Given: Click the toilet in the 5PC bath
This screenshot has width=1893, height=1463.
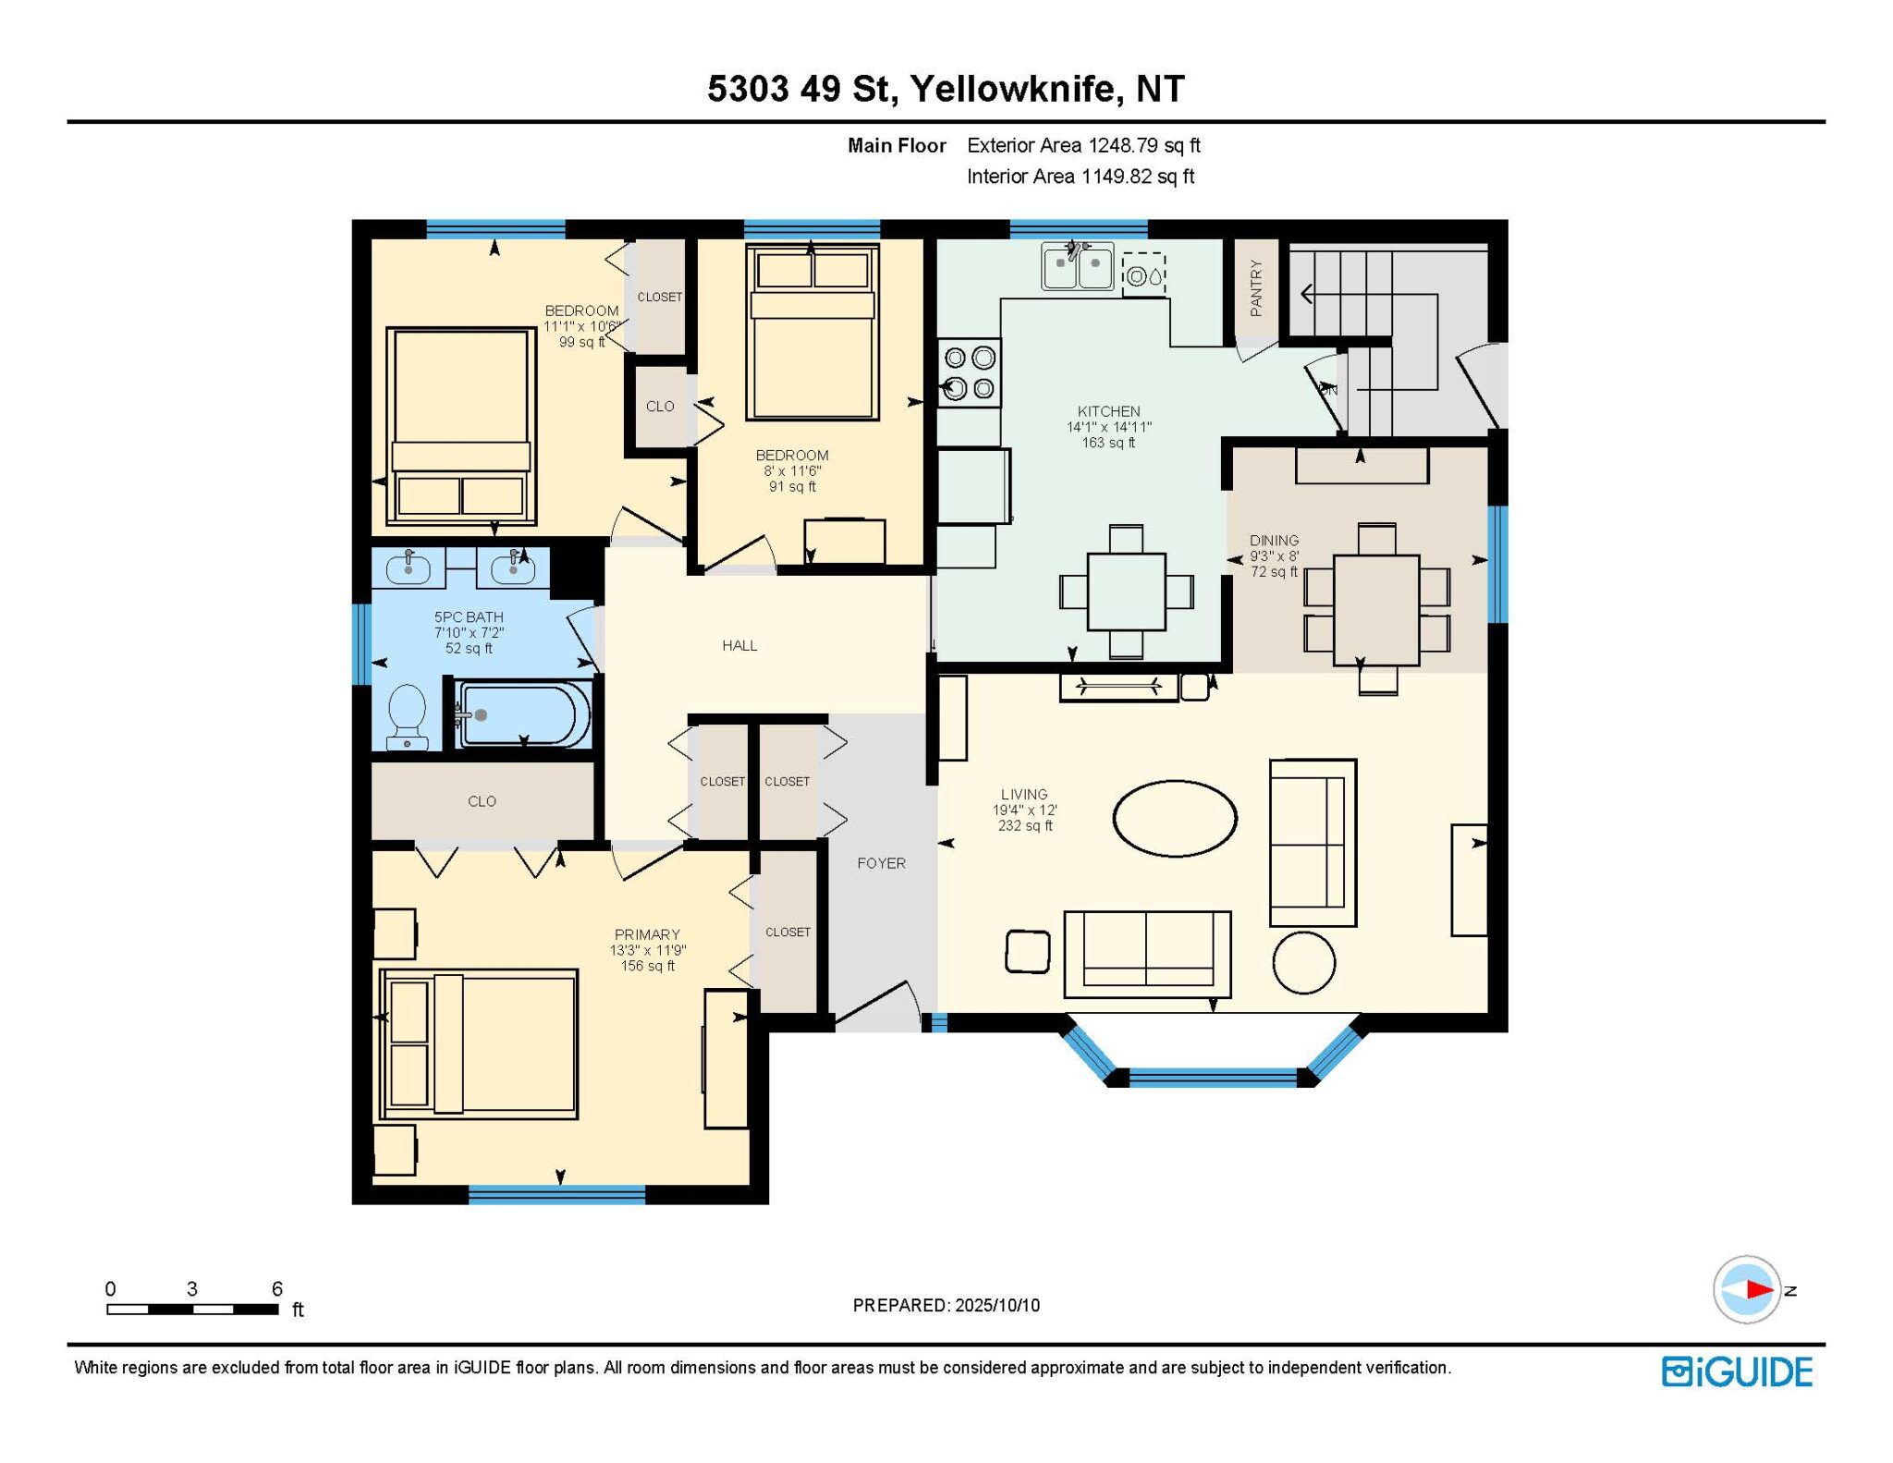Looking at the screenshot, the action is tap(408, 716).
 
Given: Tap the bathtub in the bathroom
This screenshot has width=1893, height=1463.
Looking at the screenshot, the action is tap(524, 714).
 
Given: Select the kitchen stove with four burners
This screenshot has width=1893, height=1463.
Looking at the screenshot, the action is tap(970, 372).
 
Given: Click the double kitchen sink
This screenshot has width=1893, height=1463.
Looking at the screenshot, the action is tap(1078, 265).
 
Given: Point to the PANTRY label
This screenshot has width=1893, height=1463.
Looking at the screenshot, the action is tap(1255, 287).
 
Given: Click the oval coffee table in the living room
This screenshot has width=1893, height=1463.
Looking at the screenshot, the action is tap(1175, 818).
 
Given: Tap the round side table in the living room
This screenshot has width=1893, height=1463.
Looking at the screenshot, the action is tap(1303, 962).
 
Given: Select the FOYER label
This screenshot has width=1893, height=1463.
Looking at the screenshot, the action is tap(881, 863).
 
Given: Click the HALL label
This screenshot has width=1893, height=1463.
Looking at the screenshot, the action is tap(739, 645).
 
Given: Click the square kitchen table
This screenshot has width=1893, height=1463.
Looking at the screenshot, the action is tap(1126, 591).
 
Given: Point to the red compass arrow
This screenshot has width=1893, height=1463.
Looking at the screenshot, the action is tap(1759, 1289).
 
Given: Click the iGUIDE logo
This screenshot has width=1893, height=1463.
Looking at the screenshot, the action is tap(1737, 1372).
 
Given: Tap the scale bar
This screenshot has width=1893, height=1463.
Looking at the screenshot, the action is tap(192, 1309).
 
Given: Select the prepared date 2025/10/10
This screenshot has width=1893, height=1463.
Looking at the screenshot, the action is tap(997, 1305).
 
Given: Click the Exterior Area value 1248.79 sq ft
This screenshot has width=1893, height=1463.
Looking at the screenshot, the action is tap(1144, 145).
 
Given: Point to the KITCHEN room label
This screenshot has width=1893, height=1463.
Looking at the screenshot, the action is tap(1108, 411).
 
